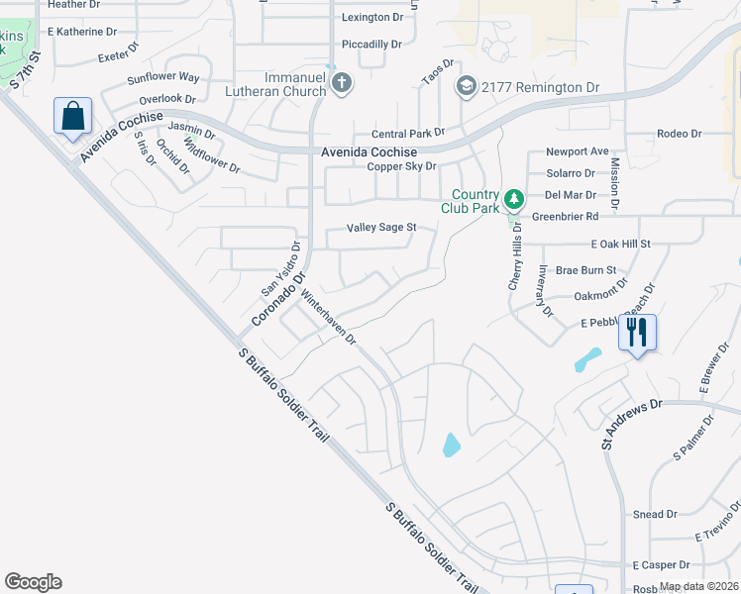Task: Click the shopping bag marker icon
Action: coord(73,117)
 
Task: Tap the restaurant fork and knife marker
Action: coord(636,332)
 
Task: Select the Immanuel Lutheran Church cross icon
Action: coord(342,83)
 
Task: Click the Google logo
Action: coord(33,582)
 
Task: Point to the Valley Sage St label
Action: coord(381,228)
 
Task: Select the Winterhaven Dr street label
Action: coord(328,317)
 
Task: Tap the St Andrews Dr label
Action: coord(631,424)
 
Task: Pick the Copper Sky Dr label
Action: coord(401,166)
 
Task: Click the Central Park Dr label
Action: coord(407,134)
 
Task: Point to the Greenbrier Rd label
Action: coord(566,216)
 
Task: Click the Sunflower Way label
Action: coord(163,77)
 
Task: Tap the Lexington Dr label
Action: coord(372,18)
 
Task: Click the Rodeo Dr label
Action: coord(679,134)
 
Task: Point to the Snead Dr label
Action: coord(655,515)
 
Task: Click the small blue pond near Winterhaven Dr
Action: coord(451,445)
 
